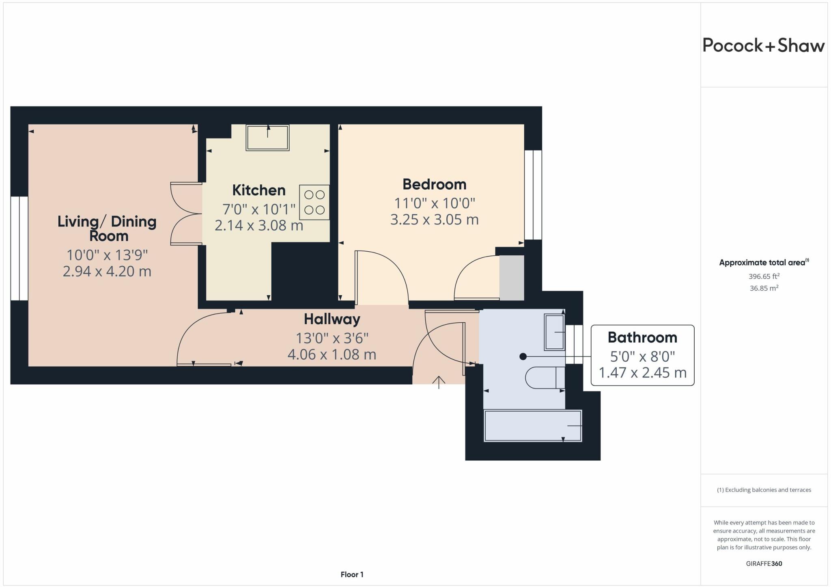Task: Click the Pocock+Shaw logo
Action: point(763,45)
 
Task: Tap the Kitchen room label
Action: point(259,190)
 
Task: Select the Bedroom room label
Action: point(434,184)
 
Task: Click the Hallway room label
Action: point(332,319)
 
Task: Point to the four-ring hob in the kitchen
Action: point(314,202)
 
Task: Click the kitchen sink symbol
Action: point(267,138)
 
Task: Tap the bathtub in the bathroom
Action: point(533,425)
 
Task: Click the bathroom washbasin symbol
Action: point(554,332)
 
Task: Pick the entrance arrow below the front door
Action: point(439,382)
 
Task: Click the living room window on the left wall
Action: point(19,248)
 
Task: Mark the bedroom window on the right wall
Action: point(533,195)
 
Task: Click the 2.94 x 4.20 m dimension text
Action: point(107,271)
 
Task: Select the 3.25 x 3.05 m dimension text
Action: point(434,220)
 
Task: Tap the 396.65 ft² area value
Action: point(764,276)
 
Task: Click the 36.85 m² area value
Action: point(764,288)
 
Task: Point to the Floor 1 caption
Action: point(352,574)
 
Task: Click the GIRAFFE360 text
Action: point(764,563)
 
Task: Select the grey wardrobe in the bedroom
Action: point(511,278)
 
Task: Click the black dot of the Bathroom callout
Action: point(523,356)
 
